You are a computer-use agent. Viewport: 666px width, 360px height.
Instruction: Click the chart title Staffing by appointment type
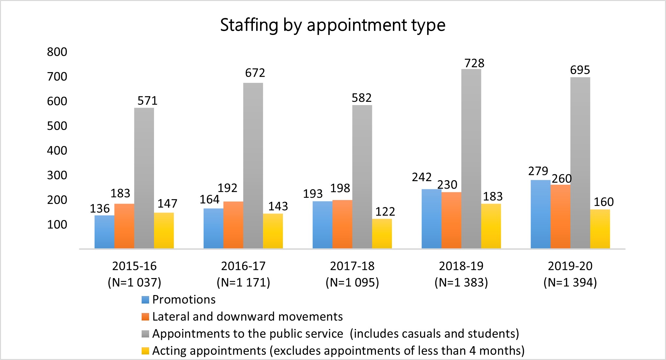[x=333, y=25]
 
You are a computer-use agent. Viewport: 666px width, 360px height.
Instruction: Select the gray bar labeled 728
[x=471, y=159]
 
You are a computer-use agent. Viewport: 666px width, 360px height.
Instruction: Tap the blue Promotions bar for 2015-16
[x=104, y=232]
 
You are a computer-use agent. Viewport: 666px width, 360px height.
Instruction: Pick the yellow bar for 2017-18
[x=382, y=233]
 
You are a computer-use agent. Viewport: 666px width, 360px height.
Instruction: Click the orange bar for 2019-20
[x=560, y=216]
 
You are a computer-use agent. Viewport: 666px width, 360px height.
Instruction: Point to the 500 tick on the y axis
[x=57, y=126]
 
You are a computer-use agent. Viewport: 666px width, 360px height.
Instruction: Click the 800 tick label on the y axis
[x=57, y=52]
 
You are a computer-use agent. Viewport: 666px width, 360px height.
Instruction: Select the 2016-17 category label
[x=243, y=266]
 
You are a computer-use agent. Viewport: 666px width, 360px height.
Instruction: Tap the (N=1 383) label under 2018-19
[x=461, y=282]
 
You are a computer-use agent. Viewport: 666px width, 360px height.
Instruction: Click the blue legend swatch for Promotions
[x=145, y=300]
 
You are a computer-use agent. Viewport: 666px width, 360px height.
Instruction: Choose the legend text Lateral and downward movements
[x=247, y=317]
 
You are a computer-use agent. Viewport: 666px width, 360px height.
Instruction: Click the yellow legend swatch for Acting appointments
[x=145, y=351]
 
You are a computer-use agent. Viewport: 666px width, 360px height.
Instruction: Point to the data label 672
[x=255, y=73]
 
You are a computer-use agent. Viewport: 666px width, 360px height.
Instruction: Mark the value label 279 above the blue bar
[x=538, y=171]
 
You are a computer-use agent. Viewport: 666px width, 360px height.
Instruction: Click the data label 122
[x=385, y=212]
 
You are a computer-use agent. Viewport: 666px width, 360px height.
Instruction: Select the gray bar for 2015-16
[x=144, y=178]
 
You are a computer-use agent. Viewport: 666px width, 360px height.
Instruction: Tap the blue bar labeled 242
[x=431, y=219]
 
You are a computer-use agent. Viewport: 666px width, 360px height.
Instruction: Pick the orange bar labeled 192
[x=233, y=225]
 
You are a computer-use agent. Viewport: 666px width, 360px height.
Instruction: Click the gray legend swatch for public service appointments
[x=145, y=334]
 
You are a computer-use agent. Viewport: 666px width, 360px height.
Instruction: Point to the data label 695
[x=580, y=70]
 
